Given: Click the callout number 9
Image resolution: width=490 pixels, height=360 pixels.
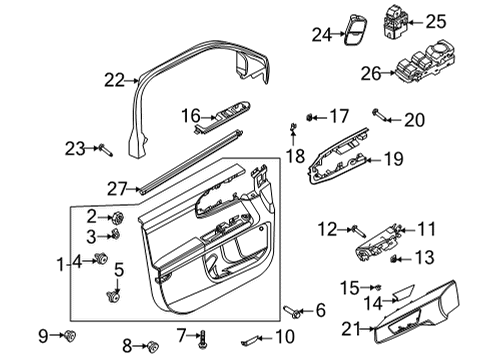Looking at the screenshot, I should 44,333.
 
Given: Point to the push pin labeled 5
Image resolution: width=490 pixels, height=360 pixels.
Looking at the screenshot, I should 113,295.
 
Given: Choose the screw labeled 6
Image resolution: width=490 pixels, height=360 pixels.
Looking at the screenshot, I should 290,311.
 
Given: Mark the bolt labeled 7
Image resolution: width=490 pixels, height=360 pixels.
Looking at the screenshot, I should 203,337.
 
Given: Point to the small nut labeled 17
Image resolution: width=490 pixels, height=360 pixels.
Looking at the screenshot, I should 311,117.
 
